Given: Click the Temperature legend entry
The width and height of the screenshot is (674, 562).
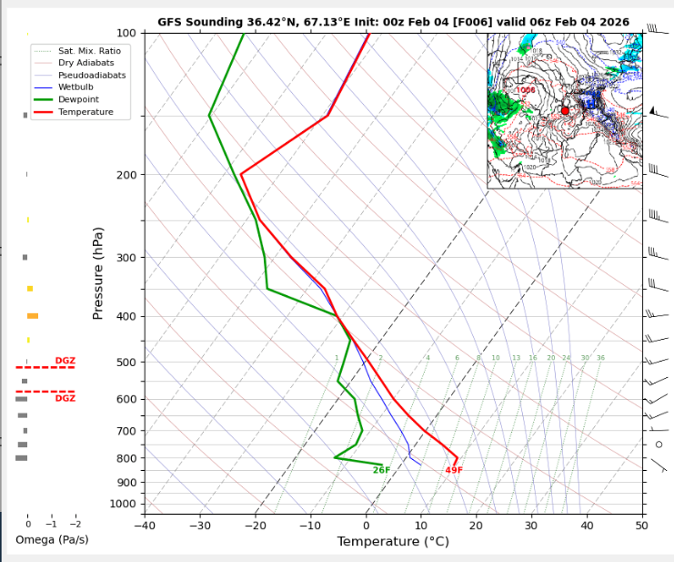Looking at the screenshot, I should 86,111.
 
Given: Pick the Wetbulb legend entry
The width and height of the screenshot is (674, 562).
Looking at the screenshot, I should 75,87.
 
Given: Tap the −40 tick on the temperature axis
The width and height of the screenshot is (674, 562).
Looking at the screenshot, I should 145,525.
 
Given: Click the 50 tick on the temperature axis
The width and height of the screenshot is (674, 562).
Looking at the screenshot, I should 642,525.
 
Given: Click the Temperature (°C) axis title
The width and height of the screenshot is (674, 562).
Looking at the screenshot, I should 393,542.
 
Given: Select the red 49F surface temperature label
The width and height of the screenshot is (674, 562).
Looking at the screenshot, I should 454,470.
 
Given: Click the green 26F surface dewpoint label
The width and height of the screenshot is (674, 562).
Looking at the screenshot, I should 381,470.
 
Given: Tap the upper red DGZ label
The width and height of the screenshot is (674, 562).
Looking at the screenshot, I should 65,361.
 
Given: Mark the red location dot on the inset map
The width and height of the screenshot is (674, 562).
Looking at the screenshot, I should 565,110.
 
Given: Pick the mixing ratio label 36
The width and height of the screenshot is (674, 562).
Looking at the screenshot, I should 600,358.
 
